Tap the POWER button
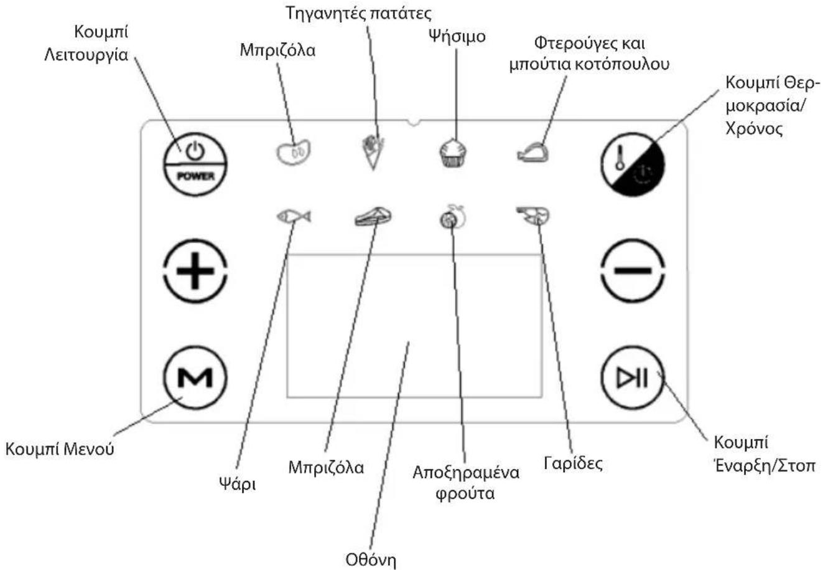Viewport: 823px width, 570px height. point(195,164)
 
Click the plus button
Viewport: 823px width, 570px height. point(195,271)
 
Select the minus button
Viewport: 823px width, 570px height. point(633,271)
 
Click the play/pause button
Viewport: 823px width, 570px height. point(633,378)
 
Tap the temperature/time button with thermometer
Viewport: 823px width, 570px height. point(633,164)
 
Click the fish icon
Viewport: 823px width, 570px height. point(294,216)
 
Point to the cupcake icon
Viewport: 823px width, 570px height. point(453,153)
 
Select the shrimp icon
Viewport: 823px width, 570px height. point(533,216)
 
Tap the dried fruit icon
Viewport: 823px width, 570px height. point(453,217)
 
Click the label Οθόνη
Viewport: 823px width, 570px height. point(371,559)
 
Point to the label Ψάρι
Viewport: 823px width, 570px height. point(238,484)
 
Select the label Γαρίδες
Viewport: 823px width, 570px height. point(573,463)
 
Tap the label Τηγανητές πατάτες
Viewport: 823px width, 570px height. point(359,14)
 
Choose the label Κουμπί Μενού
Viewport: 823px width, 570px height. point(60,449)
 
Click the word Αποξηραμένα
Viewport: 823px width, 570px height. point(466,473)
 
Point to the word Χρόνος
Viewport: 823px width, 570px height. point(754,130)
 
